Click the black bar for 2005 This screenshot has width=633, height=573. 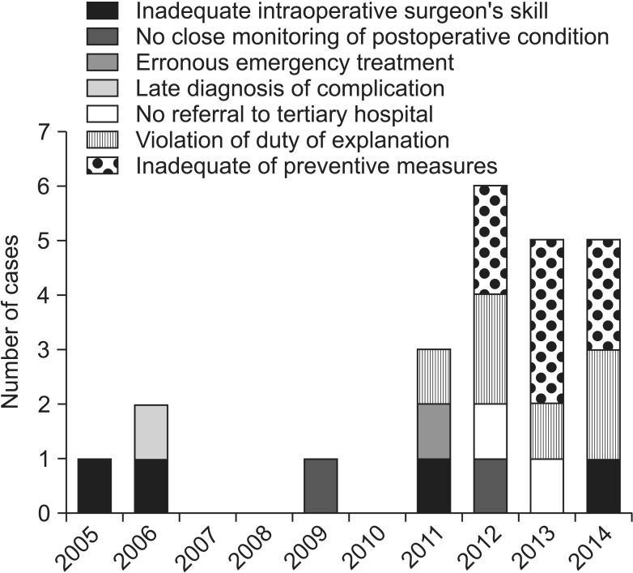(x=94, y=485)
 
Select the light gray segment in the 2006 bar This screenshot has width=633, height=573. (x=151, y=431)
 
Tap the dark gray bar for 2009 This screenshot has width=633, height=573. (x=321, y=485)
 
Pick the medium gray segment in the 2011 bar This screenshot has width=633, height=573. (x=434, y=431)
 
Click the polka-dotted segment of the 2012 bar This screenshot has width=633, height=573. (x=491, y=240)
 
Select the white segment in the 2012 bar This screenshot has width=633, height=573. (x=491, y=431)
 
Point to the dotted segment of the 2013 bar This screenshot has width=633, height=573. (x=547, y=322)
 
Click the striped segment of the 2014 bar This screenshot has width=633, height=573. (x=604, y=404)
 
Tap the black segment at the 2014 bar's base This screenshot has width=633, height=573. (x=604, y=485)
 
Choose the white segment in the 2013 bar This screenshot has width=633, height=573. (x=547, y=485)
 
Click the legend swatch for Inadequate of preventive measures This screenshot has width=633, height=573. (x=103, y=166)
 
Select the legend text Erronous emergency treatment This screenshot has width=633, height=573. (x=295, y=62)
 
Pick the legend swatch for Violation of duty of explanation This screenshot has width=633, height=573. (x=103, y=140)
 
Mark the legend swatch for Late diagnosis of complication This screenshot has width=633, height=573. (x=103, y=88)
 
